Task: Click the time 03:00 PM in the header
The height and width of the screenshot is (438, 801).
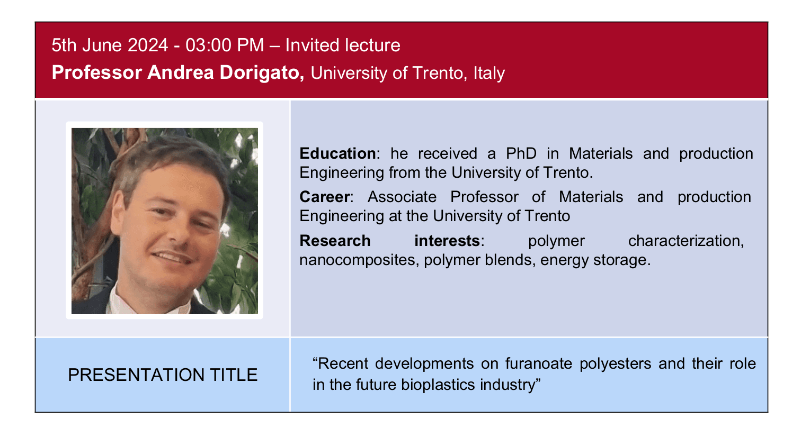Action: point(225,45)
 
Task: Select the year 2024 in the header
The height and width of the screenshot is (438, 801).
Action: point(148,45)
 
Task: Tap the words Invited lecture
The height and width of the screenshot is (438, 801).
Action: point(343,45)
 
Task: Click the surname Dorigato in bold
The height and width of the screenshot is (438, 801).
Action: point(262,72)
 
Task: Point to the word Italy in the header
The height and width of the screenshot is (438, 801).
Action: point(489,73)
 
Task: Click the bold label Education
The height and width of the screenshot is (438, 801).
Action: point(337,153)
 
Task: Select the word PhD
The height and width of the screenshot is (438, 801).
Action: point(521,153)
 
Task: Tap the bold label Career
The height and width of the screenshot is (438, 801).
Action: point(324,197)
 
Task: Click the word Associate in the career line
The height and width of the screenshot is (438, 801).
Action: point(402,197)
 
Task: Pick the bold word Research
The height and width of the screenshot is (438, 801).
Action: point(335,241)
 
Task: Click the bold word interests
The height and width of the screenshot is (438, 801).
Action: point(447,241)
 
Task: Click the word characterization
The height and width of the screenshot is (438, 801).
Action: point(686,241)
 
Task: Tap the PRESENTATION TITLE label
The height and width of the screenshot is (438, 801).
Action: point(163,375)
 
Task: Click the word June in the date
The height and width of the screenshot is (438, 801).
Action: point(102,45)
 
